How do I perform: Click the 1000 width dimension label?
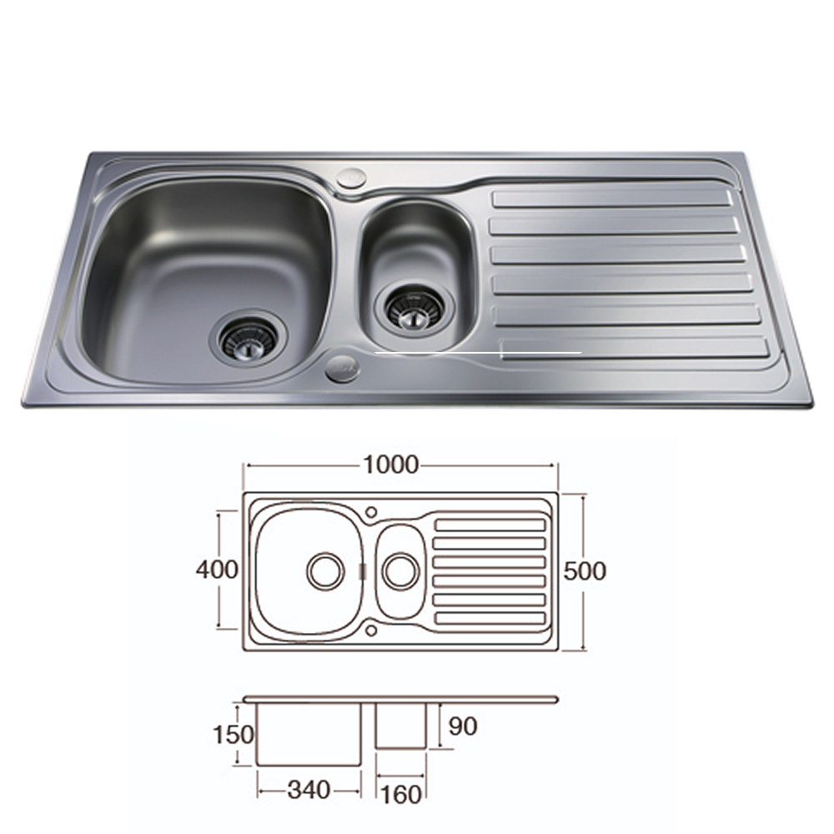(391, 465)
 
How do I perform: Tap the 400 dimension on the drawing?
(217, 570)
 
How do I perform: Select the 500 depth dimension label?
(585, 571)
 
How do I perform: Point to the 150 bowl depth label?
(233, 735)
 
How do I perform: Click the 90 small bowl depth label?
(463, 726)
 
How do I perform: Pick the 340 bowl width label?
(309, 790)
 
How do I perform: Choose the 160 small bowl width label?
(401, 795)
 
